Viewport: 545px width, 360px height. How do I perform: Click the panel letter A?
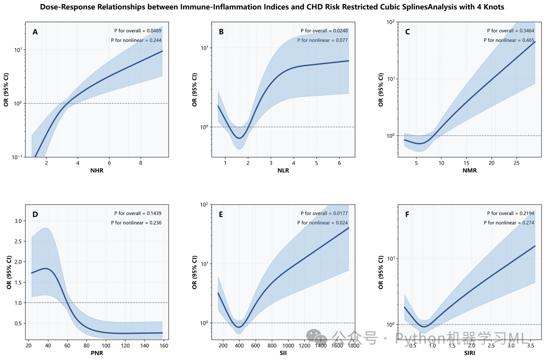click(x=35, y=32)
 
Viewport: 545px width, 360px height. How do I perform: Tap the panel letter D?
click(x=35, y=214)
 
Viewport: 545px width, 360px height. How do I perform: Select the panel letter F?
click(x=407, y=214)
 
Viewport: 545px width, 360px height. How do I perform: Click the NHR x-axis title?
click(x=97, y=170)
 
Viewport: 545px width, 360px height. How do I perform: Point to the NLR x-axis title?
click(x=283, y=170)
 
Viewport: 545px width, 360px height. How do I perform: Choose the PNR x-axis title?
click(x=97, y=352)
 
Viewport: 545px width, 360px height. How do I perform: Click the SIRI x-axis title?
click(x=469, y=352)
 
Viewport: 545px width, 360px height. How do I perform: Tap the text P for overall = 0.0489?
click(x=138, y=31)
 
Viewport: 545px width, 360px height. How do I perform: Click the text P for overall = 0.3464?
click(x=510, y=31)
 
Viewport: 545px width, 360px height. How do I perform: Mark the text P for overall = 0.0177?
click(x=324, y=214)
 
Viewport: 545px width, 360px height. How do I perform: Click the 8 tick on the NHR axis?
click(x=140, y=163)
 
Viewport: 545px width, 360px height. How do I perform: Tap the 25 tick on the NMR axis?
click(x=516, y=163)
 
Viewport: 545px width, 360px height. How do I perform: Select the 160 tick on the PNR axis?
click(x=160, y=345)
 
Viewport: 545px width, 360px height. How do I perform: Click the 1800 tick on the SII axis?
click(x=353, y=345)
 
